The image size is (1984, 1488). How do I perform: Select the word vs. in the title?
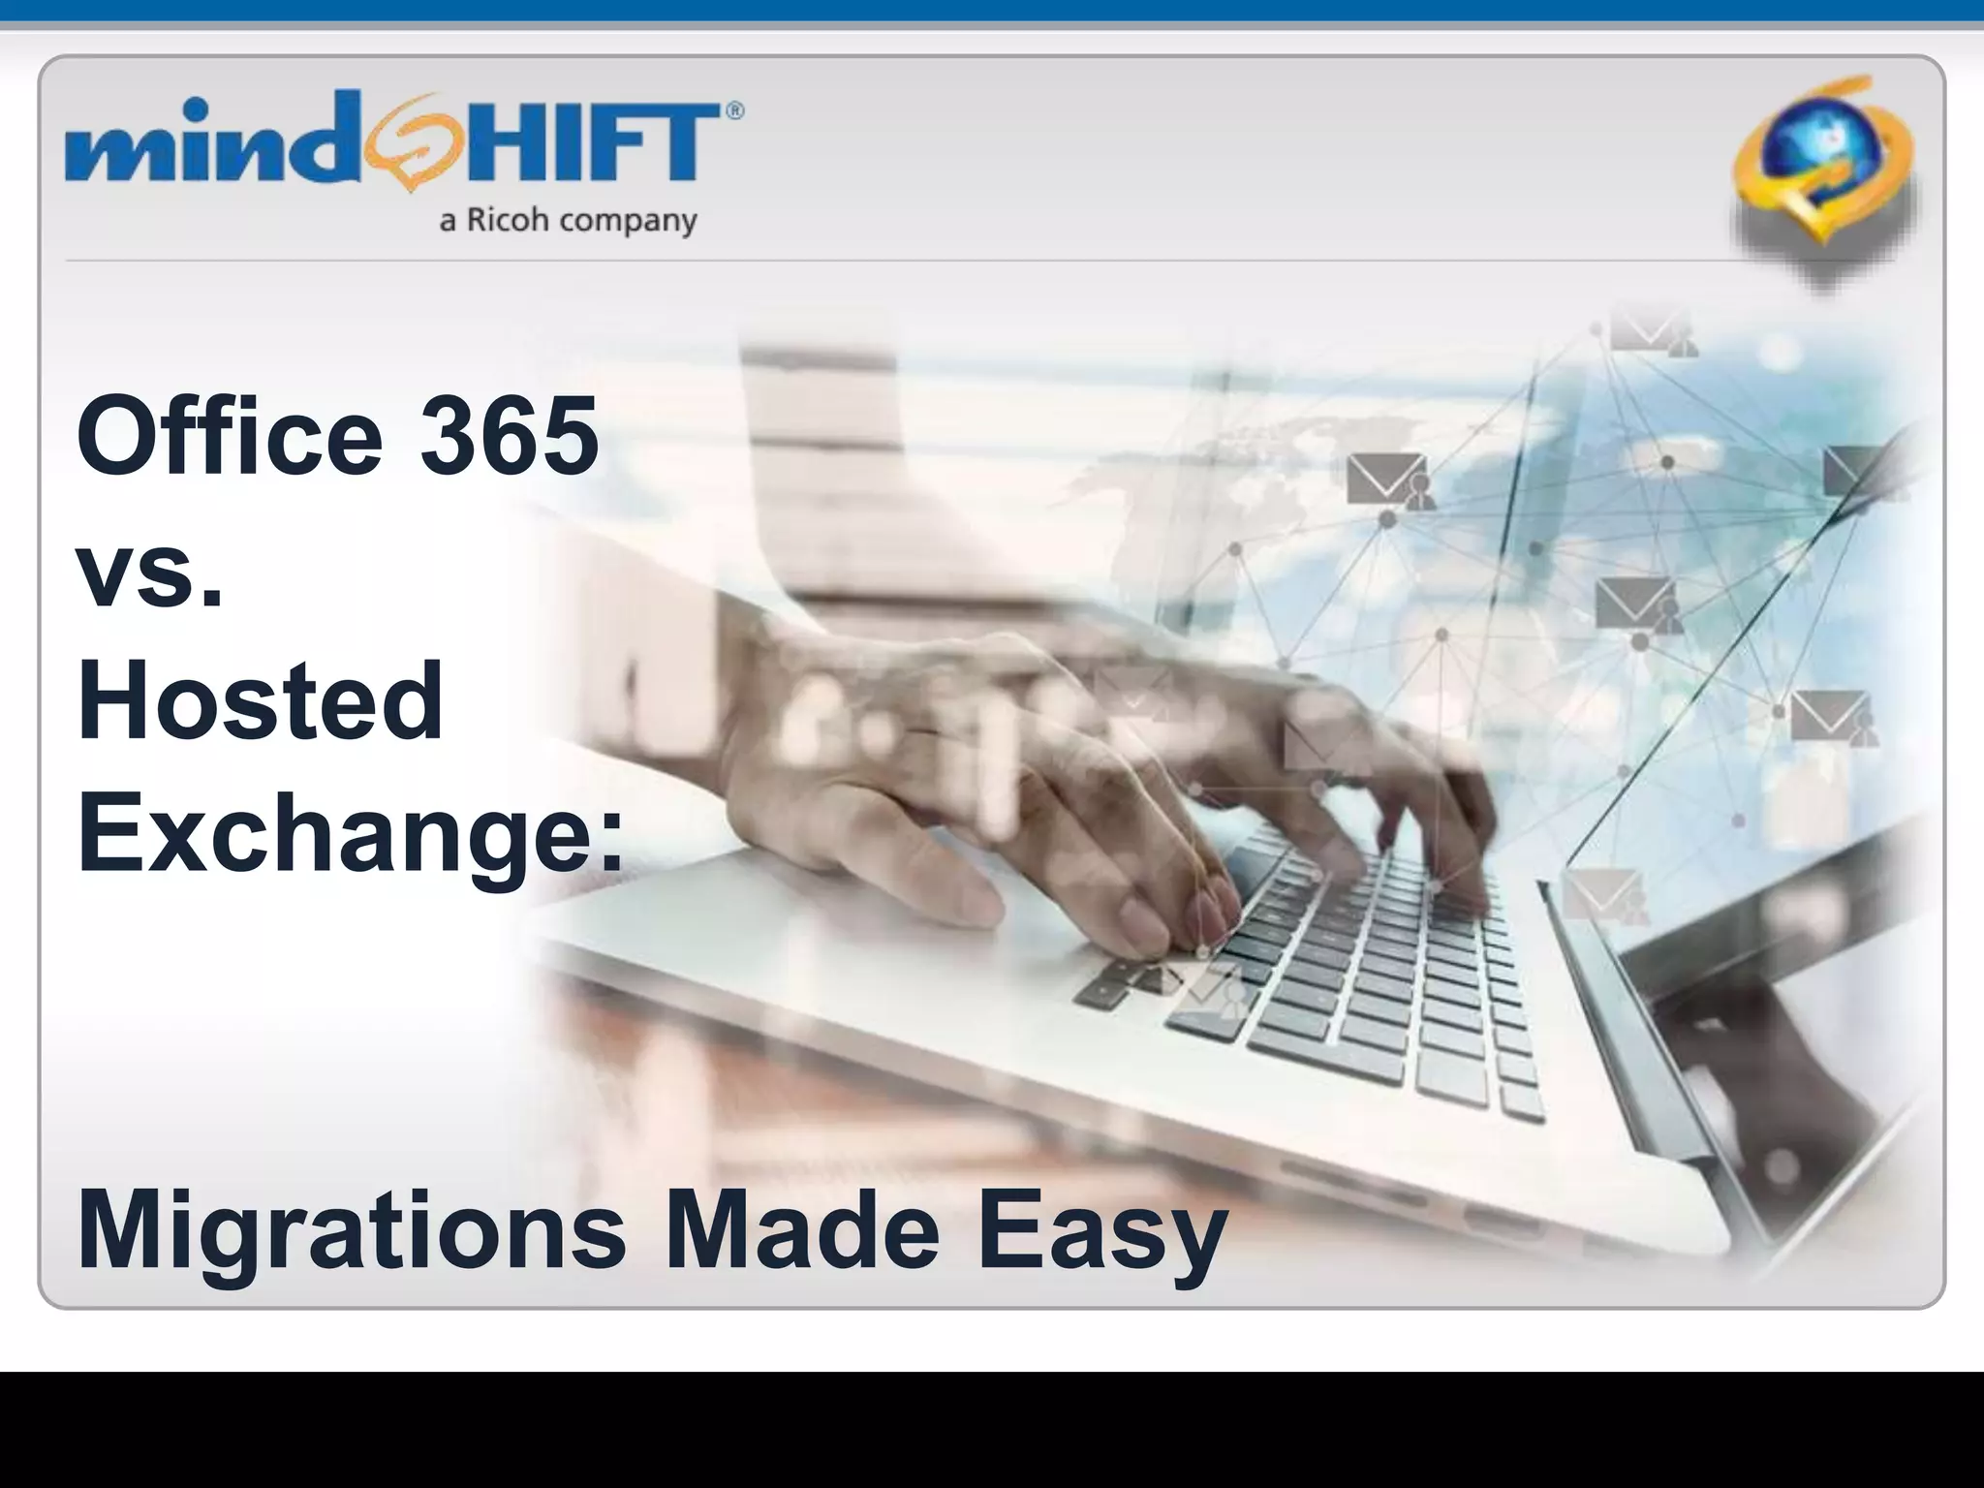[x=150, y=572]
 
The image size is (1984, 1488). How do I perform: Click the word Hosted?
[x=260, y=699]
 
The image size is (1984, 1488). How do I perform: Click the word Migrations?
[x=352, y=1230]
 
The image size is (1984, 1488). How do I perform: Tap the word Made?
[x=802, y=1230]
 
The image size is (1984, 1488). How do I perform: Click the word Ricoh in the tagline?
[x=508, y=220]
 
